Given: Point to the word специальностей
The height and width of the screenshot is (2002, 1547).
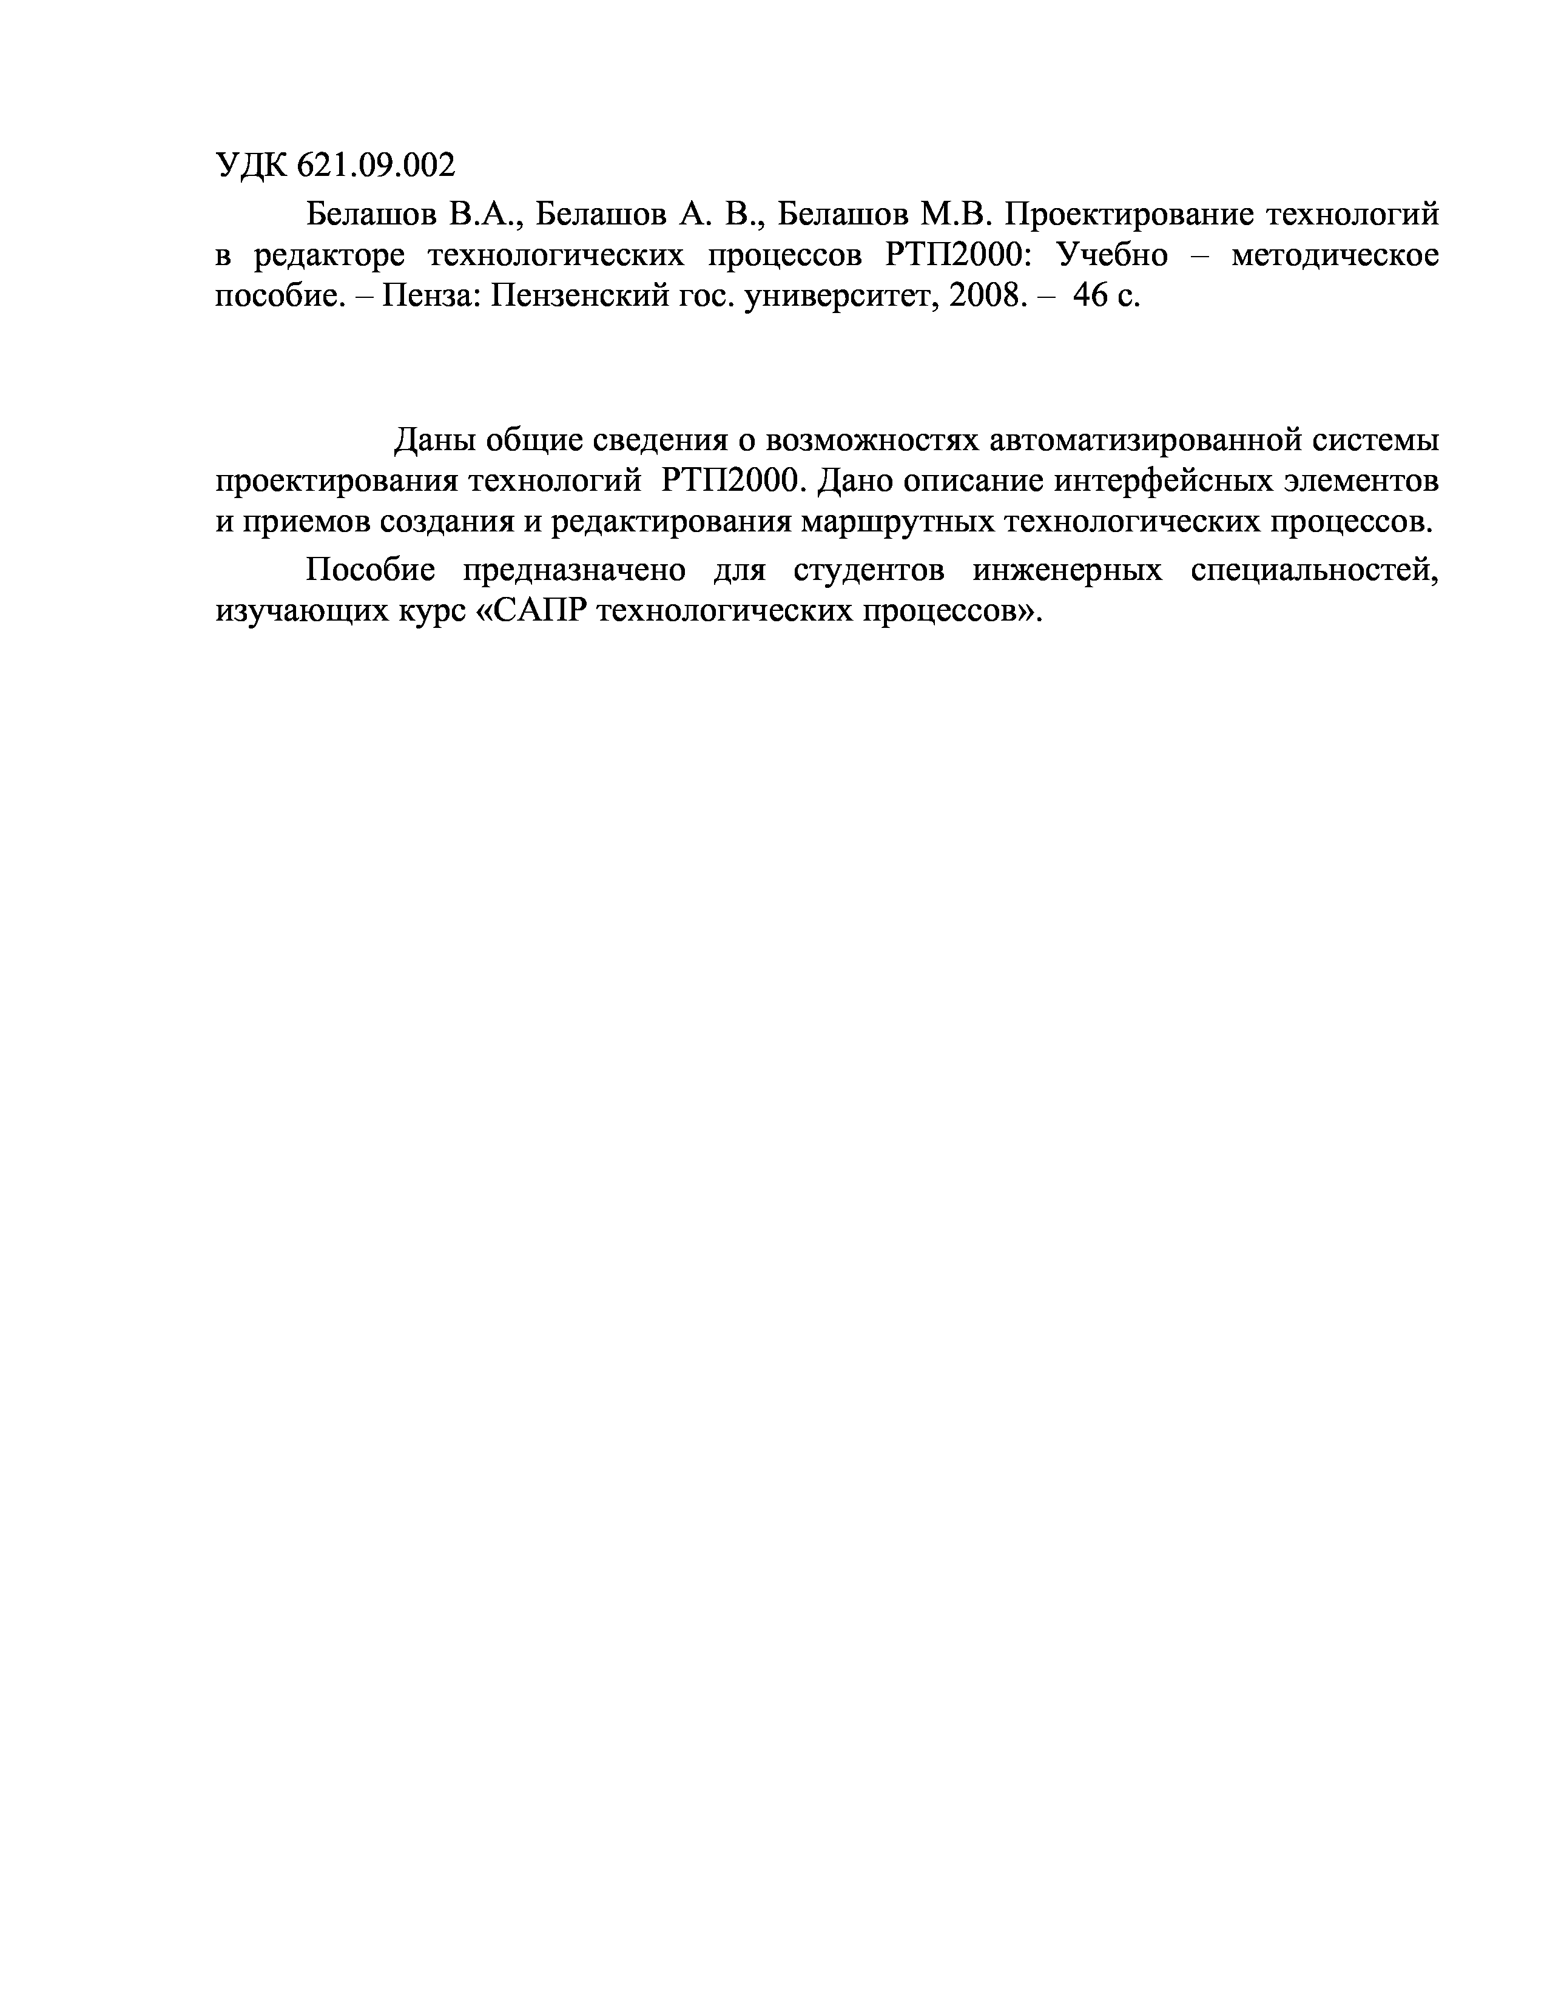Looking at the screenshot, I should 1314,571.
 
